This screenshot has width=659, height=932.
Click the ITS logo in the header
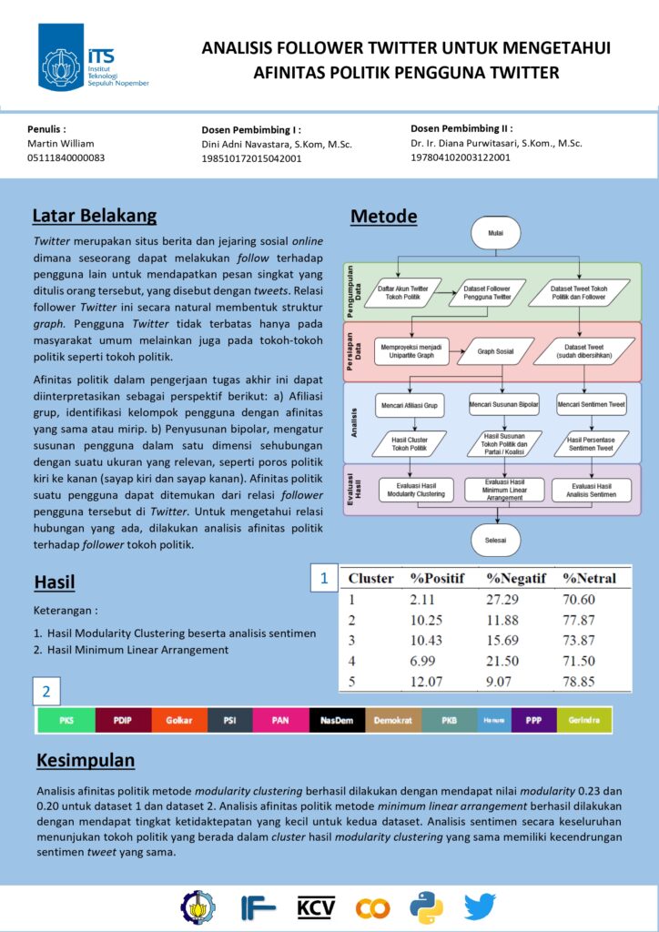91,56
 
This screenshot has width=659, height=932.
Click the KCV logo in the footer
316,907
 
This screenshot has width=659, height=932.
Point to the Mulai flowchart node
495,233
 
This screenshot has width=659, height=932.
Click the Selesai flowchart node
495,539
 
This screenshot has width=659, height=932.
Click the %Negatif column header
515,578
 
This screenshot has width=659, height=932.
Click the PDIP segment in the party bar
123,720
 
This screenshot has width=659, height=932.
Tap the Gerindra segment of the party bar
583,720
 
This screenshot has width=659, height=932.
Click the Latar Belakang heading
95,216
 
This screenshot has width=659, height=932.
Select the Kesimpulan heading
86,760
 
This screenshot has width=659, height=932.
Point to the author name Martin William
60,144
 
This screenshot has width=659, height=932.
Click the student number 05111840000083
66,158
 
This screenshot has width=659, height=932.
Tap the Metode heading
383,217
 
